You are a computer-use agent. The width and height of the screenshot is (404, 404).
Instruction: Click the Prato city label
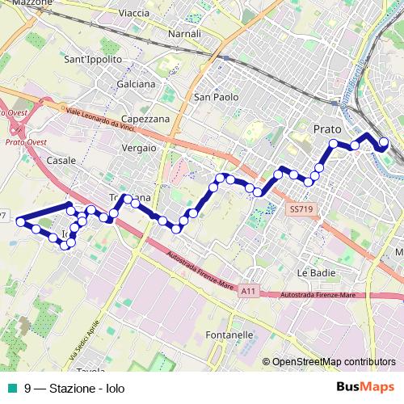pyautogui.click(x=326, y=128)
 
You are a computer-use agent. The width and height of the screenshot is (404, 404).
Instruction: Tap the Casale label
pyautogui.click(x=61, y=161)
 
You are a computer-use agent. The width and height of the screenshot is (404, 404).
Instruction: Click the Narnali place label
pyautogui.click(x=183, y=34)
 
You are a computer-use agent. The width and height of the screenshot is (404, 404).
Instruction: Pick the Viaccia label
pyautogui.click(x=133, y=14)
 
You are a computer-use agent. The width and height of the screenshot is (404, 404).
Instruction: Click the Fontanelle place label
pyautogui.click(x=230, y=335)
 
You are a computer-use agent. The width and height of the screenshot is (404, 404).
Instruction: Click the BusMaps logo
pyautogui.click(x=366, y=388)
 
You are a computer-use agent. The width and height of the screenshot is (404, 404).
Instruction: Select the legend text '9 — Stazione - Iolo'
pyautogui.click(x=74, y=389)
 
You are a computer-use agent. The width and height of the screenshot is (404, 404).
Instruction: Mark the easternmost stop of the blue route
pyautogui.click(x=384, y=144)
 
